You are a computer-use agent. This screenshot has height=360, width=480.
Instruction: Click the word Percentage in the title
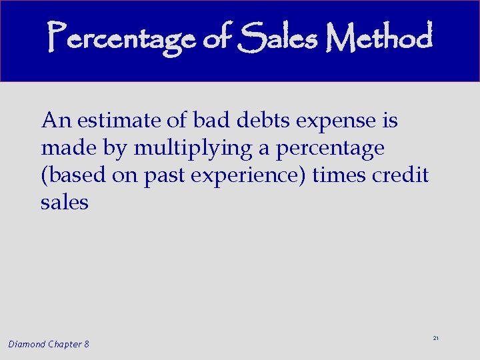[x=123, y=39]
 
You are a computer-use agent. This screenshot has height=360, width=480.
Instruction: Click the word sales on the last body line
[x=64, y=203]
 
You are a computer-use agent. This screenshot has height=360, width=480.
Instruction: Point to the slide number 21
[x=435, y=339]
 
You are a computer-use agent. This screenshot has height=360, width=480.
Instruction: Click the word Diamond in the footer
[x=27, y=344]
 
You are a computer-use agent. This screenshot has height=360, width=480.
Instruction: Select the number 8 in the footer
[x=87, y=344]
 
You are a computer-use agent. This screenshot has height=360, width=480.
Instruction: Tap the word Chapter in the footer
[x=65, y=344]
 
